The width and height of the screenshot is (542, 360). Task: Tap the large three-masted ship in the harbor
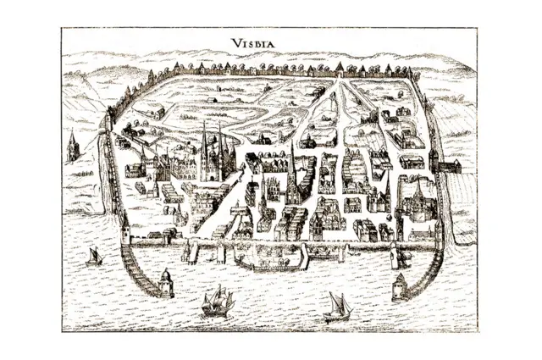pyautogui.click(x=217, y=301)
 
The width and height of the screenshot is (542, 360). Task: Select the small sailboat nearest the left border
pyautogui.click(x=94, y=255)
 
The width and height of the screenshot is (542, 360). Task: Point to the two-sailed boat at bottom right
pyautogui.click(x=337, y=307)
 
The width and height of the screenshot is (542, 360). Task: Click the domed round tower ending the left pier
pyautogui.click(x=166, y=282)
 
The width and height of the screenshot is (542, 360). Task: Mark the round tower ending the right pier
pyautogui.click(x=399, y=285)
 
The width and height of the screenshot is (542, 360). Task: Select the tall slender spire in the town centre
pyautogui.click(x=293, y=169)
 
